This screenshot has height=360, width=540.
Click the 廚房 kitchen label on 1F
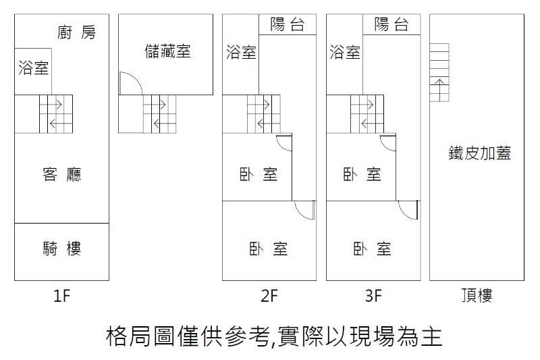pyautogui.click(x=76, y=32)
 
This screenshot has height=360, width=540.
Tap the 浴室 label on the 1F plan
pyautogui.click(x=33, y=68)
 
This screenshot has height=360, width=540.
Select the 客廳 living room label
pyautogui.click(x=62, y=175)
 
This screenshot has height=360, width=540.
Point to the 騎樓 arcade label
pyautogui.click(x=62, y=249)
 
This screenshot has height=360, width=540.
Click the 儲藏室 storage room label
pyautogui.click(x=167, y=51)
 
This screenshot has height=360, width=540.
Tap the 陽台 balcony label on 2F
pyautogui.click(x=288, y=24)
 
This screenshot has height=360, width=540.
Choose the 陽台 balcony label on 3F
pyautogui.click(x=391, y=24)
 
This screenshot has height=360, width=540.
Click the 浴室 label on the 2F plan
pyautogui.click(x=241, y=52)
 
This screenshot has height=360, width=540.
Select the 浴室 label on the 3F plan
pyautogui.click(x=345, y=52)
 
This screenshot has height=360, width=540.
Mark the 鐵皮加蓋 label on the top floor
pyautogui.click(x=480, y=153)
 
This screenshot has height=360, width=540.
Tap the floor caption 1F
pyautogui.click(x=62, y=296)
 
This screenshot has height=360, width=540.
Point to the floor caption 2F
pyautogui.click(x=269, y=296)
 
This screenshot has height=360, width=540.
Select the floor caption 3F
pyautogui.click(x=373, y=296)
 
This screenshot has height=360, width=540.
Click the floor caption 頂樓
pyautogui.click(x=477, y=296)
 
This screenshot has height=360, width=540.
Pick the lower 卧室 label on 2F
pyautogui.click(x=268, y=249)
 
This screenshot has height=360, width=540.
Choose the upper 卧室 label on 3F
pyautogui.click(x=362, y=175)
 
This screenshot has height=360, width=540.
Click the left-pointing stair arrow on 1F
pyautogui.click(x=57, y=124)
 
